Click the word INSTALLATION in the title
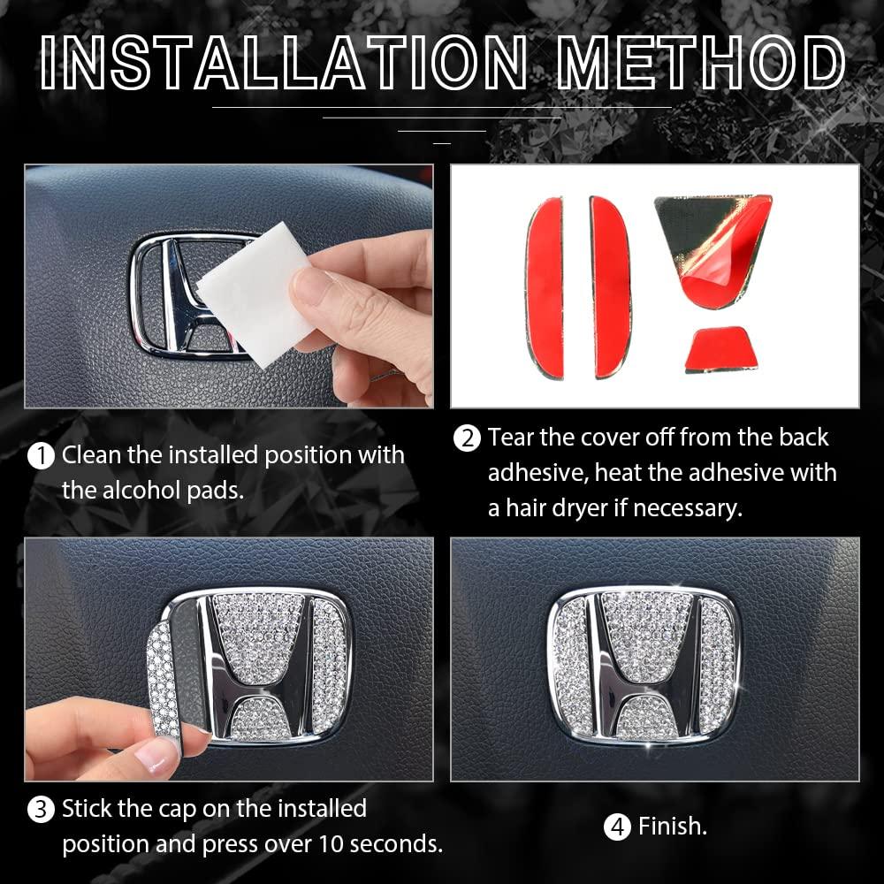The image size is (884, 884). click(285, 63)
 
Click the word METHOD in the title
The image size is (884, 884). click(701, 63)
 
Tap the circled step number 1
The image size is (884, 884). click(41, 456)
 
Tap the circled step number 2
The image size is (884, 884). click(468, 438)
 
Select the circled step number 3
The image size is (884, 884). click(41, 810)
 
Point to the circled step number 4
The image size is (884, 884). click(617, 827)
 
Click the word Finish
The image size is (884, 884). click(673, 827)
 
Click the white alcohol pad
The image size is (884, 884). click(254, 293)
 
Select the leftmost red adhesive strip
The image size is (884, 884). click(545, 287)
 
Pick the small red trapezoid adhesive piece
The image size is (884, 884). click(720, 349)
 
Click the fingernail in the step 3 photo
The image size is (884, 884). click(153, 756)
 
